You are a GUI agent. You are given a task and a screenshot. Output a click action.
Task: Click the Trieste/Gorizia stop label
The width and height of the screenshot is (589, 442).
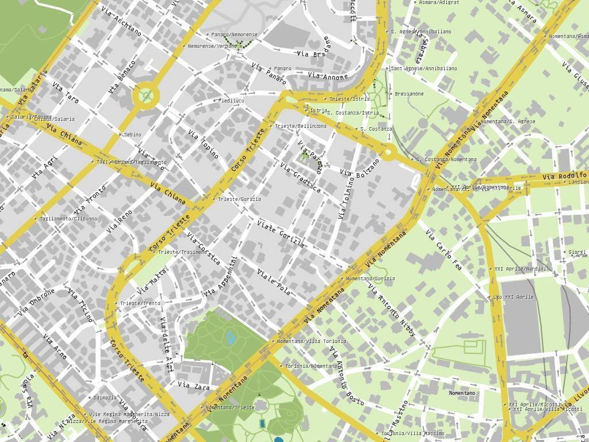[239, 199]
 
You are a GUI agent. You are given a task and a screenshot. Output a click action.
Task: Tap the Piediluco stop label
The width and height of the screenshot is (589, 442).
[231, 101]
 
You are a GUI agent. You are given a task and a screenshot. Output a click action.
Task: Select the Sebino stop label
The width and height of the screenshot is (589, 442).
[132, 135]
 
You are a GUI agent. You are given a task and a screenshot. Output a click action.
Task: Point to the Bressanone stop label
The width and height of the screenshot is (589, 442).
[409, 94]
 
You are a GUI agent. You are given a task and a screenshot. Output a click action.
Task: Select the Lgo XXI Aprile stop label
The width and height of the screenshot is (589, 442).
[513, 297]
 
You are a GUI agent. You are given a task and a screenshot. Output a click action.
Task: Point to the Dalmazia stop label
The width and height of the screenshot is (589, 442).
[105, 398]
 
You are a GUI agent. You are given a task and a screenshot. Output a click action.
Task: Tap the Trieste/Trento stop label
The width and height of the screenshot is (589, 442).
[140, 303]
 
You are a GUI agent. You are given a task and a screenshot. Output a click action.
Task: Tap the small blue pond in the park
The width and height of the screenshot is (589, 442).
[231, 337]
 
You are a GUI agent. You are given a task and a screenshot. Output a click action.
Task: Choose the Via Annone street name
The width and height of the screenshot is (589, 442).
[328, 77]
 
